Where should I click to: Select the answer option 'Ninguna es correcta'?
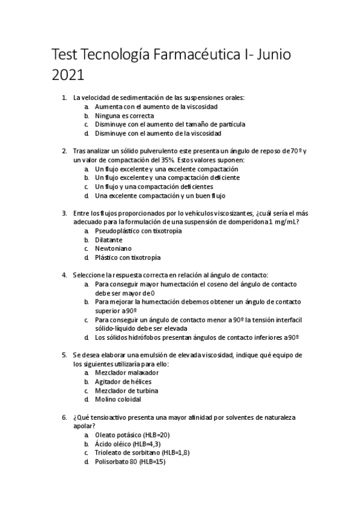pos(124,115)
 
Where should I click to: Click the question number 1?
pos(64,98)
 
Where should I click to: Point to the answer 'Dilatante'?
pos(109,239)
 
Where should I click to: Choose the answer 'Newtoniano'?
pos(113,248)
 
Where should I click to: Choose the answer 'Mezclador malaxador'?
pos(123,373)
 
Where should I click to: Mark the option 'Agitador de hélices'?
pos(123,381)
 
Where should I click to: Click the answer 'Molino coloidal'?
pos(118,399)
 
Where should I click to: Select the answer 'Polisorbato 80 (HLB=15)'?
pos(130,461)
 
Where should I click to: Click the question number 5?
pos(64,355)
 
